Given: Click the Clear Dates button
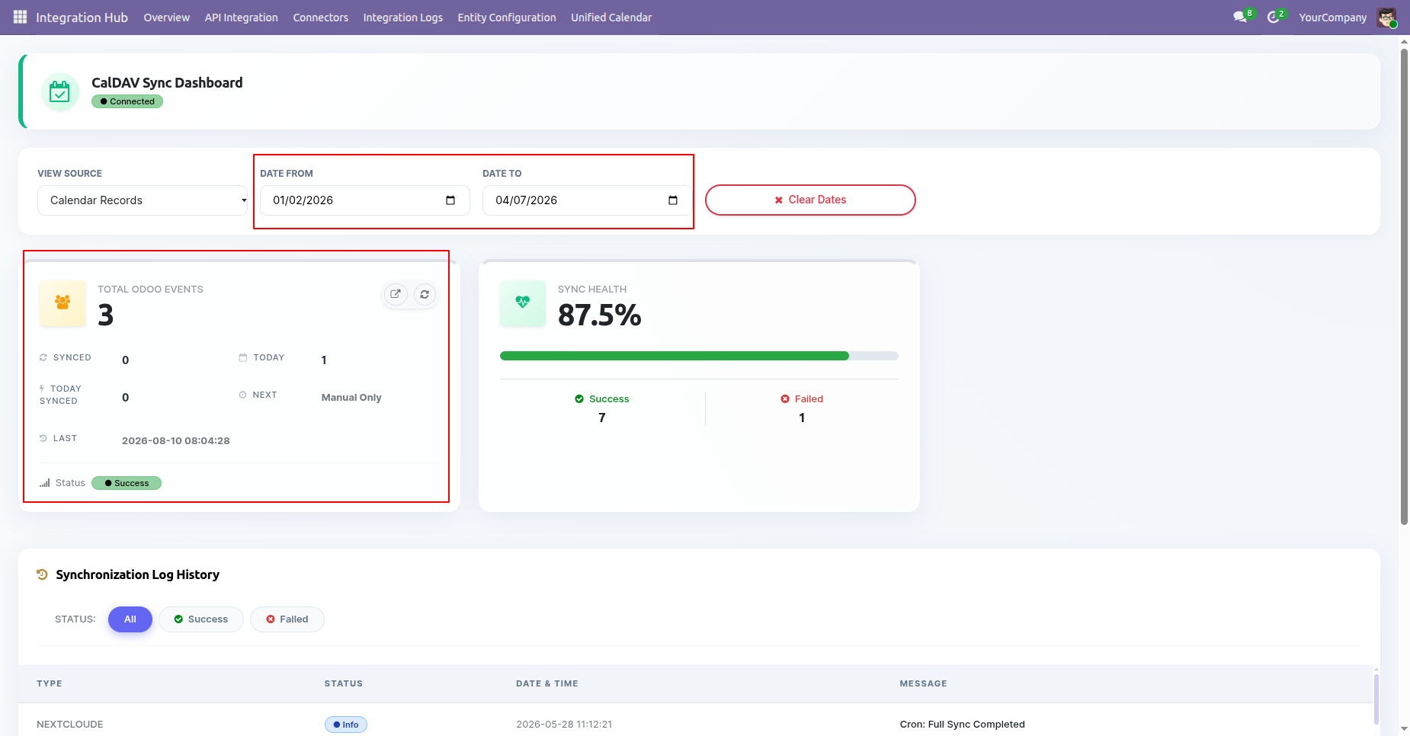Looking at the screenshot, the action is coord(810,200).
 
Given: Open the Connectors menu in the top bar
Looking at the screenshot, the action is coord(320,18).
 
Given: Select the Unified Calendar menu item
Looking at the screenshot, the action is coord(611,18).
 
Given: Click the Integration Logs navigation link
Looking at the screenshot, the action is coord(402,18).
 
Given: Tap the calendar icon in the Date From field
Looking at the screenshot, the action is coord(450,200).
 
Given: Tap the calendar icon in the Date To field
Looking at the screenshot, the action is coord(673,200).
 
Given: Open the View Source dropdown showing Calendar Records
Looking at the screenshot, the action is coord(143,200).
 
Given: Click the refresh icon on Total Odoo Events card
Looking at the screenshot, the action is coord(425,294).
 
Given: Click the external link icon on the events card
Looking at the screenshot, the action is coord(396,294).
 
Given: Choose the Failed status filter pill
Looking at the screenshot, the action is coord(287,619).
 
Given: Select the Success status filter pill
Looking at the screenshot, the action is coord(201,619).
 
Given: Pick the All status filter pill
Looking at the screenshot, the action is coord(130,619).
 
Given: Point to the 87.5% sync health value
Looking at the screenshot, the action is coord(600,315).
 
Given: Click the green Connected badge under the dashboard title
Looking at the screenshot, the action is coord(127,101).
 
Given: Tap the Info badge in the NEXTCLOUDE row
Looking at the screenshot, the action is coord(346,725).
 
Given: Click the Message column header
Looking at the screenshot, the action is coord(923,683).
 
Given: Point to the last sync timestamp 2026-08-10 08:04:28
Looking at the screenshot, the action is coord(176,440).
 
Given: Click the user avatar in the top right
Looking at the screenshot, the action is coord(1386,18).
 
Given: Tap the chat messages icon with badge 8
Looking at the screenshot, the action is coord(1240,17).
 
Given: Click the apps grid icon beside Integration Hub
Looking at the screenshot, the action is coord(21,17).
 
